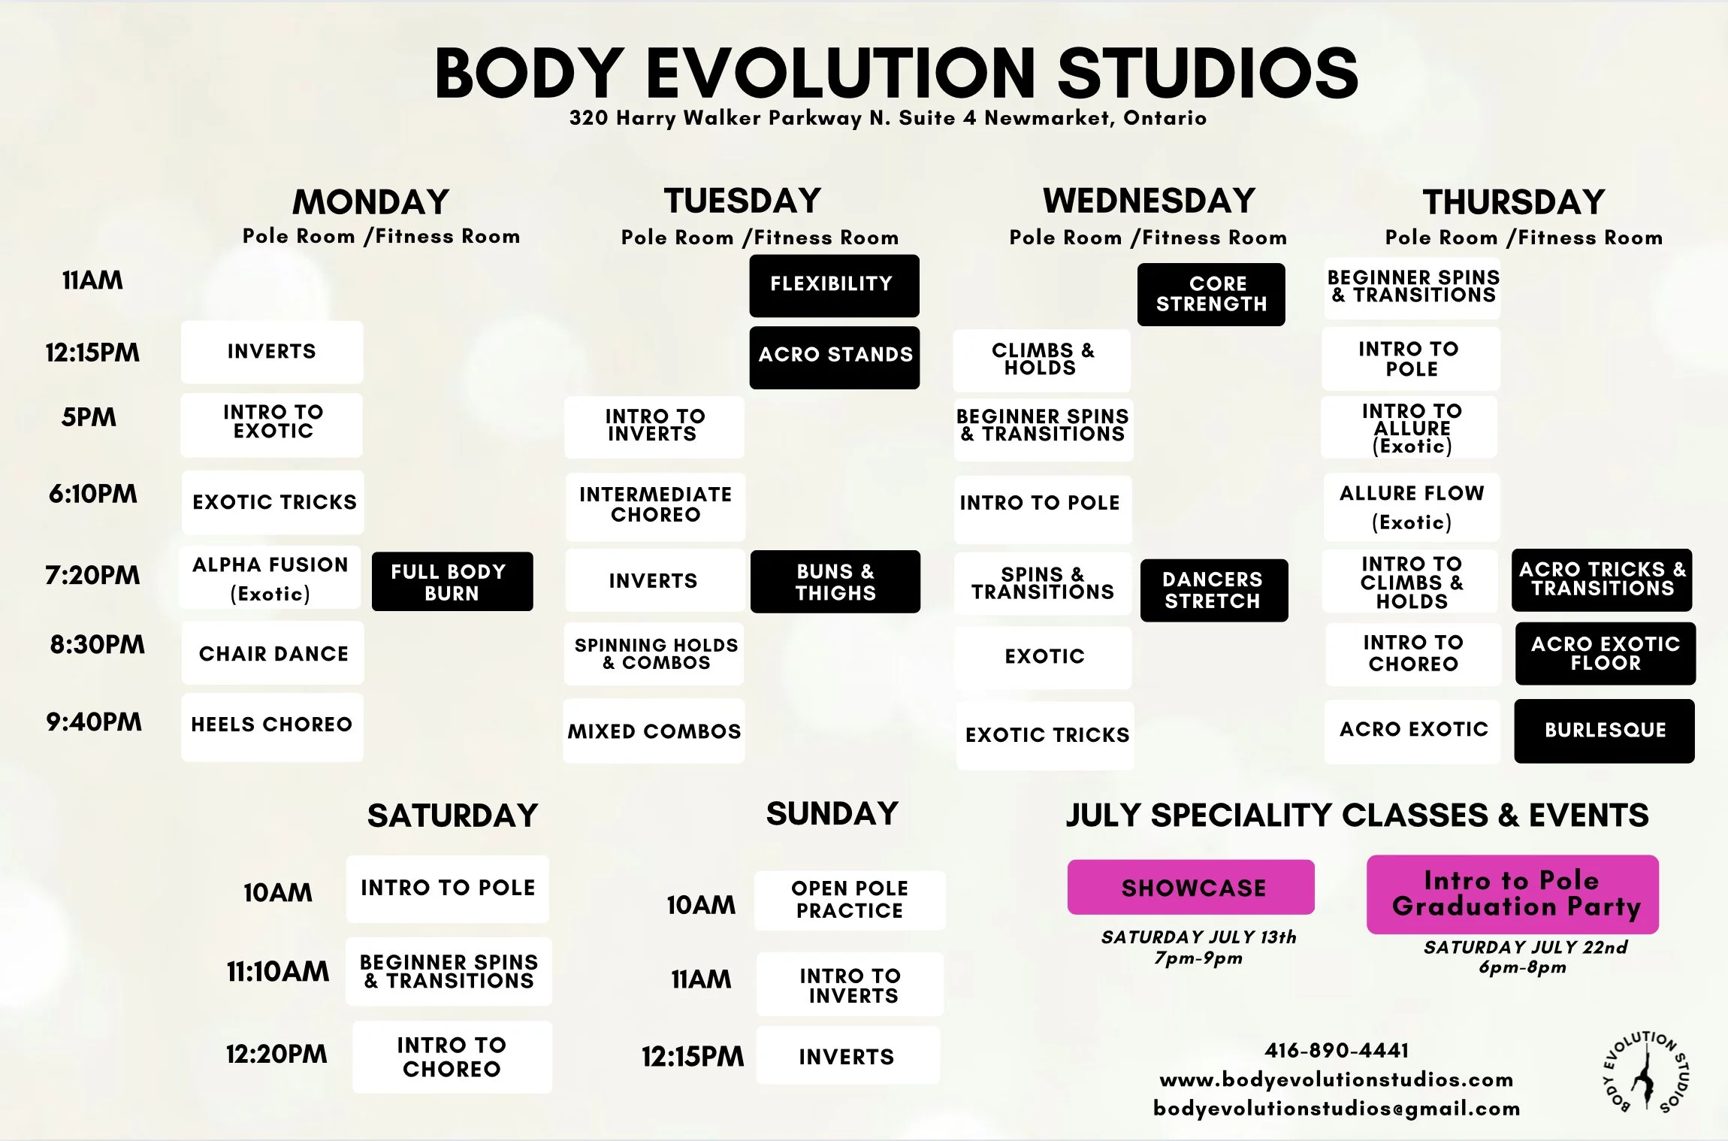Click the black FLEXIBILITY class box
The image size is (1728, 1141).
(834, 286)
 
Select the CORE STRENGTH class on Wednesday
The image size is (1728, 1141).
(1211, 295)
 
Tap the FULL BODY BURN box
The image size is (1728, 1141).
(452, 582)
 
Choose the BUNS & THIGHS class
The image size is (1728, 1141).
(835, 582)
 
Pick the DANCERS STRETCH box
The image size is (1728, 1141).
(1213, 590)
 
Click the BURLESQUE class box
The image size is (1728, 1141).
(1604, 731)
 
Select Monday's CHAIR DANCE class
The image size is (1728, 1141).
(273, 653)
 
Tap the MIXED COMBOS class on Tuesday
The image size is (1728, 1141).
(654, 731)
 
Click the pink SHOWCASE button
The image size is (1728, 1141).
(1191, 888)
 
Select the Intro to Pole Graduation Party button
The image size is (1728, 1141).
(1512, 894)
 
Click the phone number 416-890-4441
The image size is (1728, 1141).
(1336, 1050)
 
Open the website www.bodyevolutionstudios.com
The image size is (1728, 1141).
(1336, 1080)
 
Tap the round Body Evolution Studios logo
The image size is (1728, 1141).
(1645, 1072)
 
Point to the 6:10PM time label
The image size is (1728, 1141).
(93, 494)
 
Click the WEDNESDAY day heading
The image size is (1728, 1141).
(1149, 201)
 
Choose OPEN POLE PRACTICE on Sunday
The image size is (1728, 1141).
(850, 900)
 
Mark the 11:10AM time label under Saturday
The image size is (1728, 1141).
(278, 972)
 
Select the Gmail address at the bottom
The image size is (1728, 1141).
(1336, 1109)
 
